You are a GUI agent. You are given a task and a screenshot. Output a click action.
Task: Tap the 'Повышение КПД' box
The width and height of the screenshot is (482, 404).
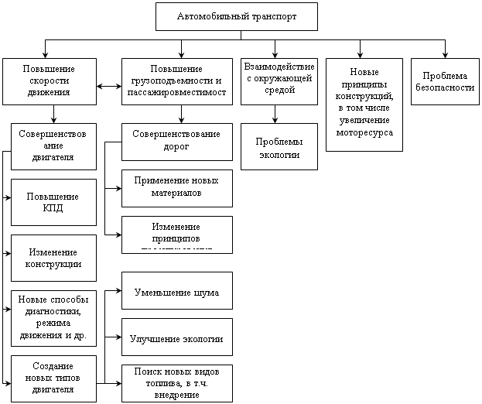tap(53, 201)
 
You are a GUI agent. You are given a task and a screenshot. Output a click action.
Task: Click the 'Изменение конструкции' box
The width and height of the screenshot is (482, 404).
tap(53, 258)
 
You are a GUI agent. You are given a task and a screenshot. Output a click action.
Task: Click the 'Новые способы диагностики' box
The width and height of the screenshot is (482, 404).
tap(53, 317)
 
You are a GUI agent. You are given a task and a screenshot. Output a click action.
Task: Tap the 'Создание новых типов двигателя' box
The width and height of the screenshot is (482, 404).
tap(53, 378)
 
